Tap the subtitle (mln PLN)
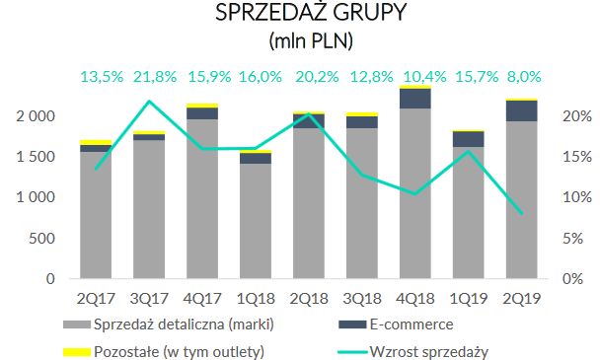pos(299,42)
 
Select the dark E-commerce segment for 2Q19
pos(521,110)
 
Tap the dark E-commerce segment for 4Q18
pos(414,98)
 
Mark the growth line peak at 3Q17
pos(149,101)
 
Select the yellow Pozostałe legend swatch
pos(76,349)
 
